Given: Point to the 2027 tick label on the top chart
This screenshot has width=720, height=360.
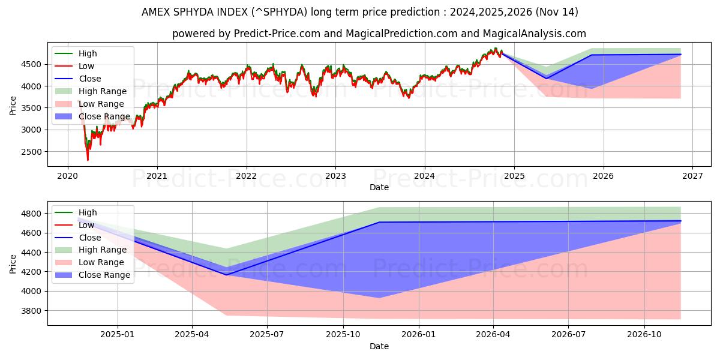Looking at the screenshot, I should [x=692, y=176].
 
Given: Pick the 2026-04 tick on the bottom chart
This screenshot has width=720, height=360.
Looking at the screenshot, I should [x=493, y=335].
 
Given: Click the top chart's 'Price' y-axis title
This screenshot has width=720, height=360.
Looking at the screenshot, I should [x=13, y=106].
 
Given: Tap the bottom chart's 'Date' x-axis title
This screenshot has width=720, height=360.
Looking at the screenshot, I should [x=379, y=346].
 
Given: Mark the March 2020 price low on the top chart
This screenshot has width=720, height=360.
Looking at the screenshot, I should [x=88, y=160].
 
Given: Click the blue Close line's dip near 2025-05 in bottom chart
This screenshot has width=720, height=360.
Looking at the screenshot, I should [x=226, y=275].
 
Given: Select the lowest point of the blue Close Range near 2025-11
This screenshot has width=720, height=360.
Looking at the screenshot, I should [x=379, y=298].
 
